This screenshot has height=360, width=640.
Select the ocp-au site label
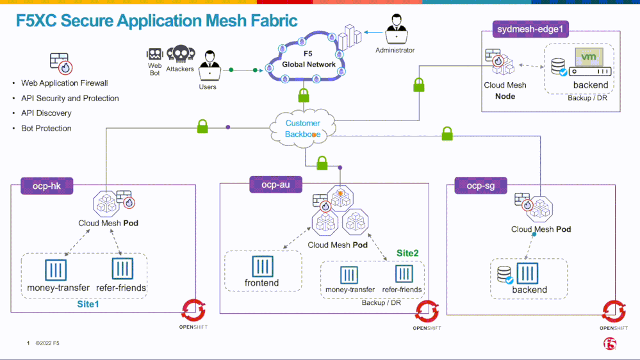click(x=275, y=185)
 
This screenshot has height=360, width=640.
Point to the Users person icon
click(x=208, y=66)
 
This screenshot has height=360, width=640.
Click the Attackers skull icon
click(x=180, y=54)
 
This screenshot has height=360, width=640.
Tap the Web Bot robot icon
click(x=155, y=54)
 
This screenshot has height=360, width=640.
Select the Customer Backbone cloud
click(x=302, y=128)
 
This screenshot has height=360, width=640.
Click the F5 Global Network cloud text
click(x=309, y=60)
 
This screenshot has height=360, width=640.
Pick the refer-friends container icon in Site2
click(x=404, y=274)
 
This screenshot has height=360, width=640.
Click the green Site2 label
click(x=407, y=253)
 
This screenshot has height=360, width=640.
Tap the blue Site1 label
click(x=88, y=304)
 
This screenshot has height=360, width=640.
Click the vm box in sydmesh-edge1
click(x=587, y=57)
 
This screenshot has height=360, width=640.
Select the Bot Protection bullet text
click(x=42, y=128)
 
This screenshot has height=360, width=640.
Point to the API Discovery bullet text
click(x=42, y=113)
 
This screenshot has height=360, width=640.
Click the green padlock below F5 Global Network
click(x=304, y=96)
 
